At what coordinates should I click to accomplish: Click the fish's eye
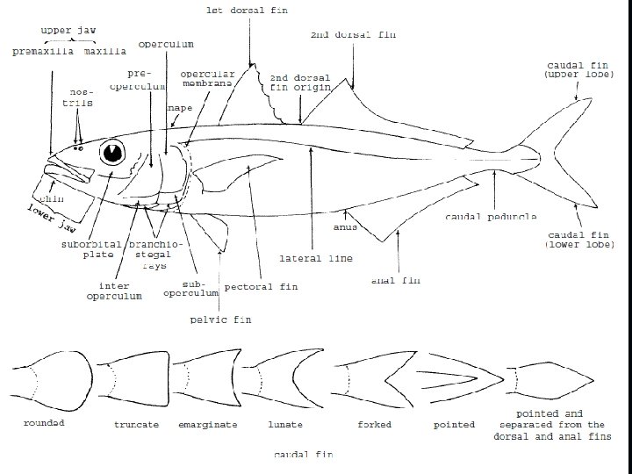point(113,153)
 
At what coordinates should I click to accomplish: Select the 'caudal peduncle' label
point(491,216)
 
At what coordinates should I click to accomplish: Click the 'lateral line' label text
point(316,259)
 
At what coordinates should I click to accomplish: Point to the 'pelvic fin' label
point(220,320)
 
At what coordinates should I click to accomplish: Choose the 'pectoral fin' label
point(261,286)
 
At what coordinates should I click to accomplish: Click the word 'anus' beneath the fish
point(344,226)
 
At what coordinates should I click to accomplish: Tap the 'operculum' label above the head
point(166,44)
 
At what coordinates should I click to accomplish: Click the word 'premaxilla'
point(43,52)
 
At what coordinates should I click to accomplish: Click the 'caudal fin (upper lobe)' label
point(573,70)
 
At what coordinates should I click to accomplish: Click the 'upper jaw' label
point(68,30)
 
